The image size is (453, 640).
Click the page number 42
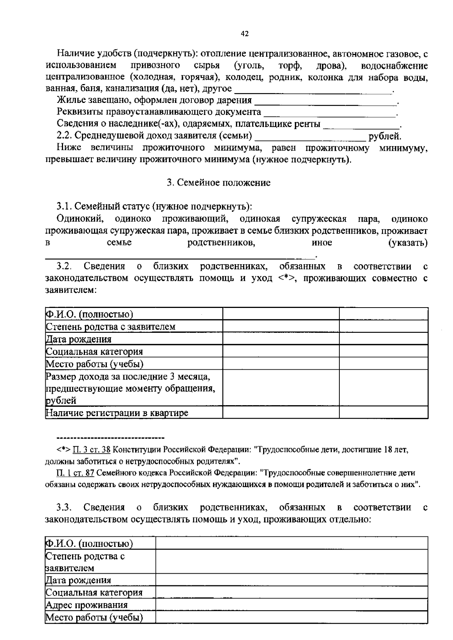pyautogui.click(x=245, y=34)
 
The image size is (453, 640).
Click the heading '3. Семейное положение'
pyautogui.click(x=219, y=183)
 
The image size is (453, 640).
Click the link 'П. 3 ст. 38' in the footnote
pyautogui.click(x=92, y=449)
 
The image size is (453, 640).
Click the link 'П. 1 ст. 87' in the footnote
pyautogui.click(x=75, y=473)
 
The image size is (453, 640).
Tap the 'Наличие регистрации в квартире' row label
pyautogui.click(x=117, y=413)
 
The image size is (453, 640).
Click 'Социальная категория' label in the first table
pyautogui.click(x=94, y=352)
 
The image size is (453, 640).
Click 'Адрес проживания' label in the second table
pyautogui.click(x=86, y=605)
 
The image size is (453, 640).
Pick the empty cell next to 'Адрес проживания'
pyautogui.click(x=291, y=605)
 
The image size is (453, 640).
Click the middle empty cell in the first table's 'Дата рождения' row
pyautogui.click(x=280, y=339)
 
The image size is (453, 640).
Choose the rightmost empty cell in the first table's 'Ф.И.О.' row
pyautogui.click(x=383, y=314)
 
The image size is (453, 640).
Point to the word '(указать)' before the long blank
pyautogui.click(x=408, y=243)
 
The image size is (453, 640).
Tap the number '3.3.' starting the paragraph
pyautogui.click(x=64, y=507)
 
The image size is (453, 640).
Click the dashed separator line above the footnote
pyautogui.click(x=110, y=438)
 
